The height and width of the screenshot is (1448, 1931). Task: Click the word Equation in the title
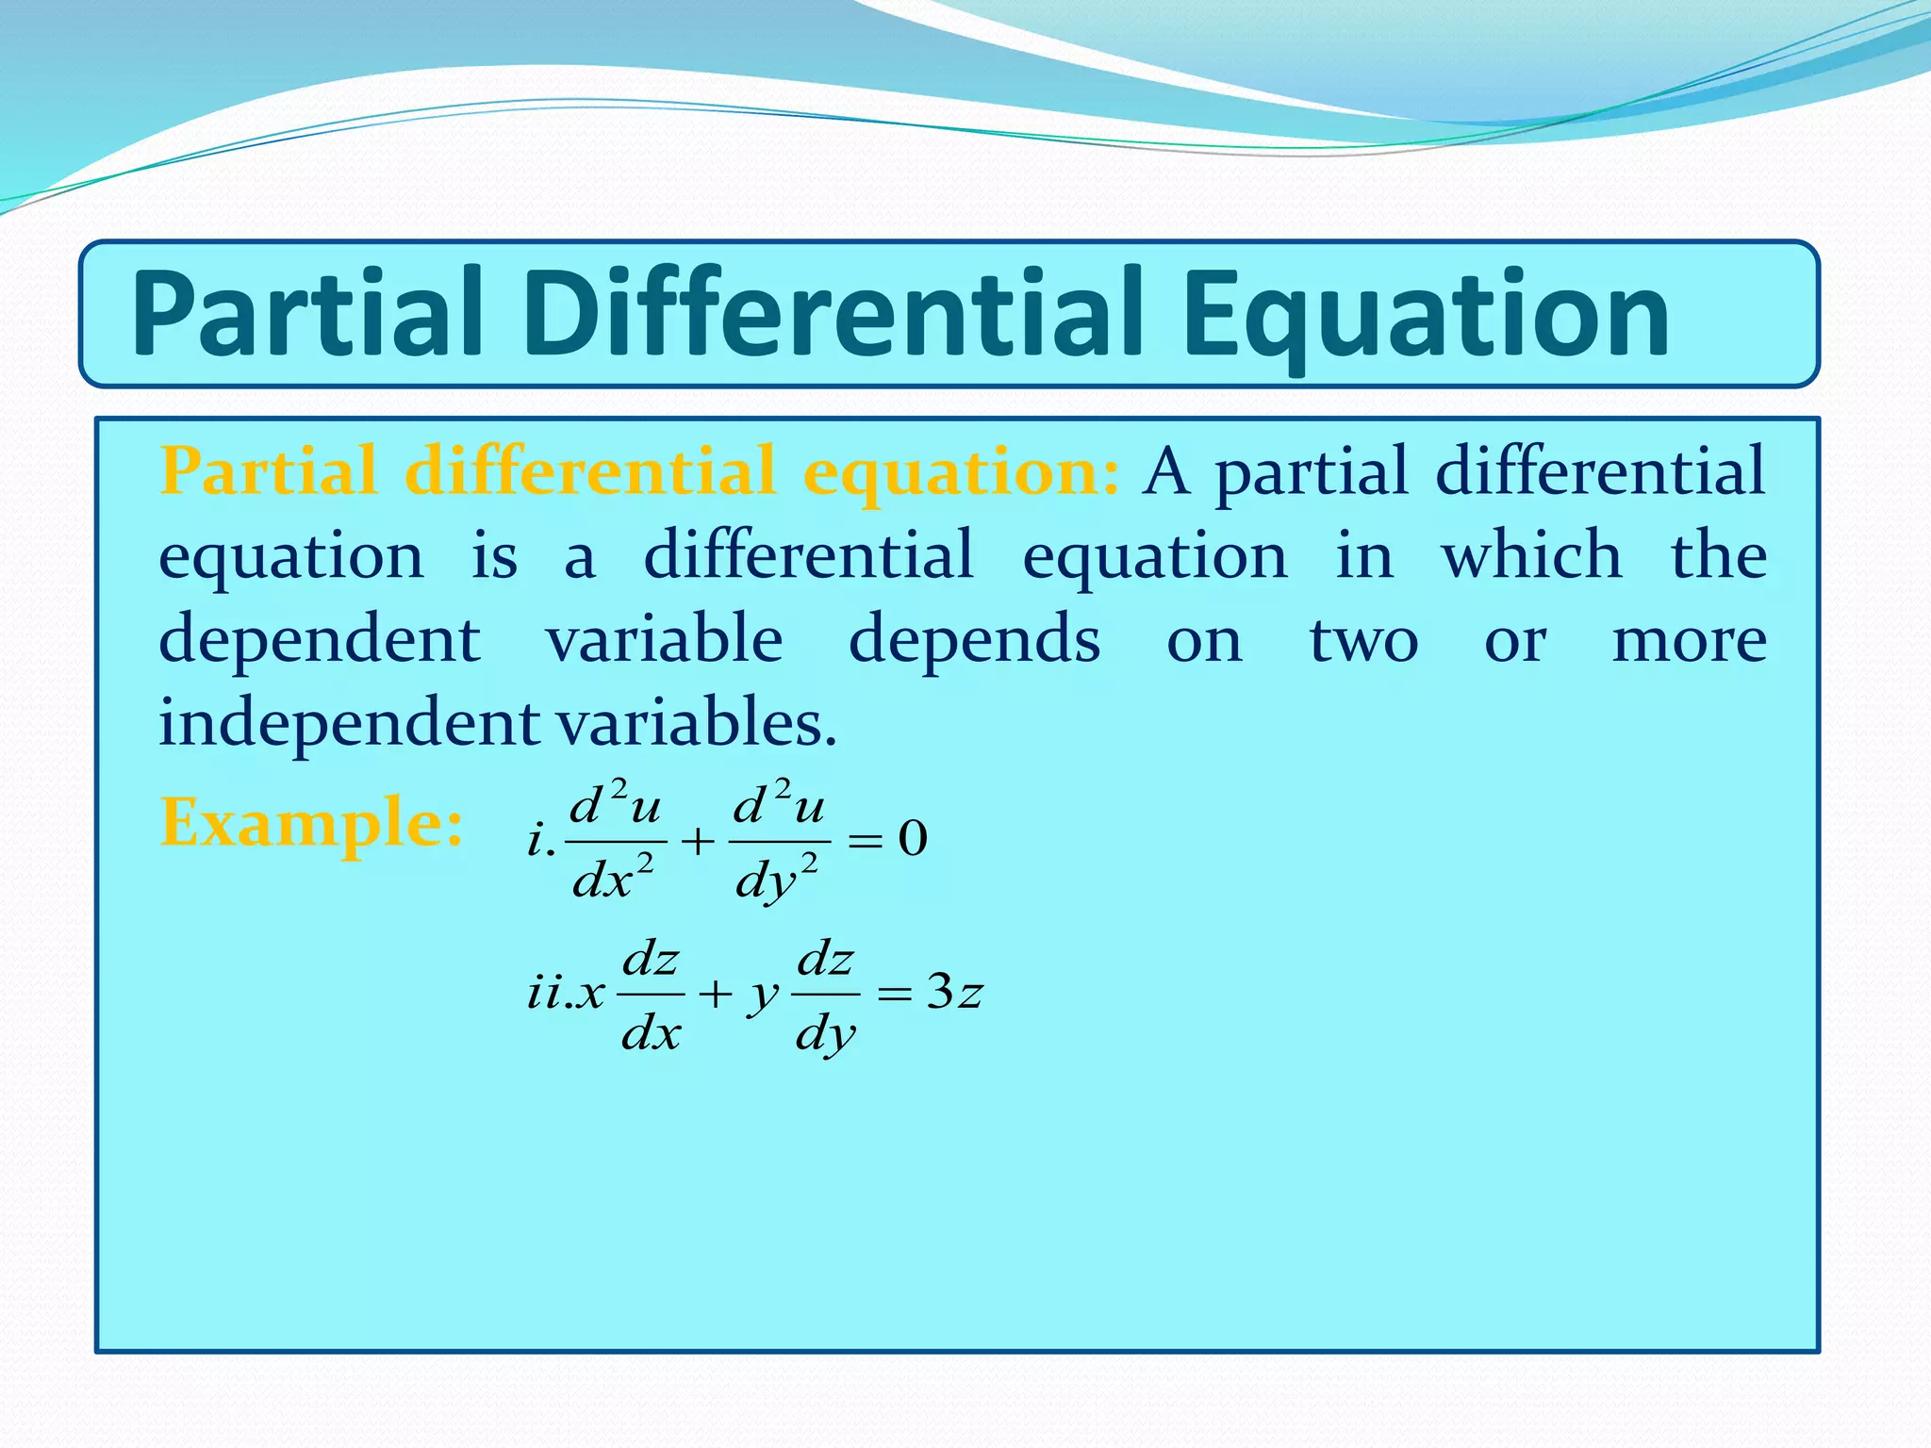point(1424,316)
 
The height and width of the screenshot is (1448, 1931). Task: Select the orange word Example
point(311,822)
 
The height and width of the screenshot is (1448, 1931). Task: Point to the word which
point(1531,554)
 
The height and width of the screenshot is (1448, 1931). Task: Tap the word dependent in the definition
point(320,638)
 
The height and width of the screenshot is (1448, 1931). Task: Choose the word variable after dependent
point(665,638)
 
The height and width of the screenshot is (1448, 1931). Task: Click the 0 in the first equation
point(912,838)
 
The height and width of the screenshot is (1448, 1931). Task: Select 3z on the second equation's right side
point(954,992)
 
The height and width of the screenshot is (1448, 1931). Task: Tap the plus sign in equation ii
point(716,994)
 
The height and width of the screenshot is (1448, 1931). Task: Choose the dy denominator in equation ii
point(826,1035)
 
